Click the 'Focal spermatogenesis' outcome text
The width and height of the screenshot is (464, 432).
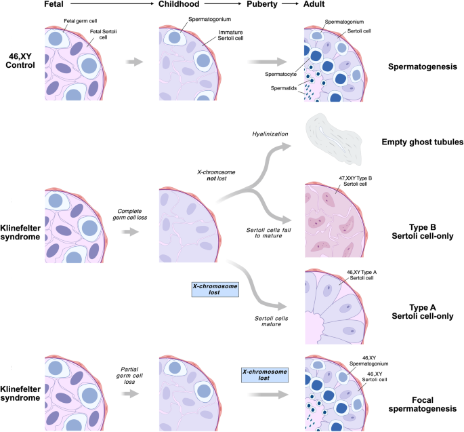click(x=425, y=404)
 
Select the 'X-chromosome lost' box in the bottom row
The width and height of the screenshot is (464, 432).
click(x=263, y=375)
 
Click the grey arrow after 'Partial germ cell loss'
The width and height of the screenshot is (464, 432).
click(x=133, y=395)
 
